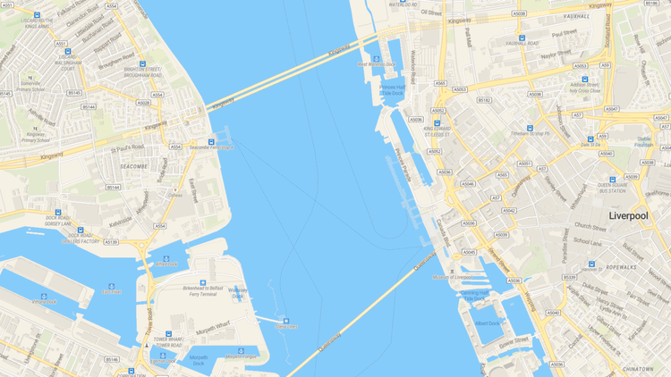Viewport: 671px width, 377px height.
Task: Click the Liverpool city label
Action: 634,216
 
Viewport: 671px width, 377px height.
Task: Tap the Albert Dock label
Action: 487,323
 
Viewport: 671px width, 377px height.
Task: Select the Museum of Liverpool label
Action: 451,278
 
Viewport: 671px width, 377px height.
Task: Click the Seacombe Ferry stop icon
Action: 211,141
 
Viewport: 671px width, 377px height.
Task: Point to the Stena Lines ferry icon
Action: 286,321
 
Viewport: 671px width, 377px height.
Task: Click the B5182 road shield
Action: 484,100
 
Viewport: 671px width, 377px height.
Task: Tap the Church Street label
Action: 591,226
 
